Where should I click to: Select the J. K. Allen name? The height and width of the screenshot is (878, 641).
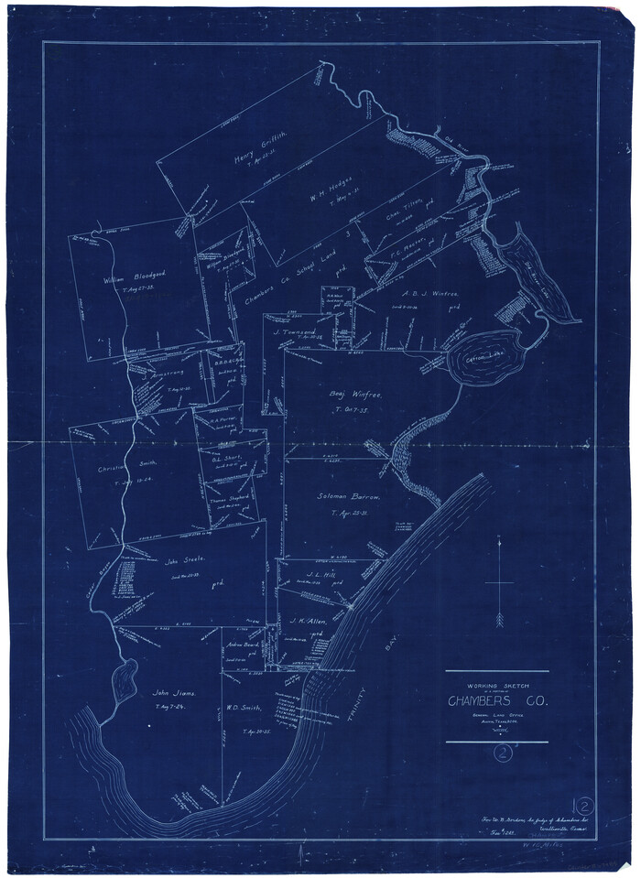(310, 622)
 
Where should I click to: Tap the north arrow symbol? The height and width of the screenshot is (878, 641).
(500, 584)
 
